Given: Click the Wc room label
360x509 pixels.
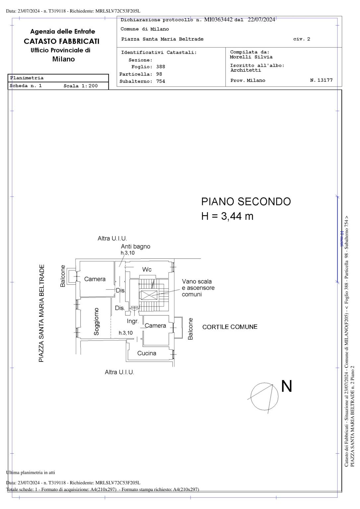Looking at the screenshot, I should (x=147, y=269).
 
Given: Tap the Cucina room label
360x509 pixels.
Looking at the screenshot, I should (x=147, y=353).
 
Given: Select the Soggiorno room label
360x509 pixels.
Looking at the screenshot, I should (x=96, y=321).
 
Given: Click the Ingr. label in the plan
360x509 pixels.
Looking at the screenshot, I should (x=133, y=321).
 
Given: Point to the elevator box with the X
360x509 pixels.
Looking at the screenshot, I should (x=149, y=295).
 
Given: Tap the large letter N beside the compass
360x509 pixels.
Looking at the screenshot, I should (x=287, y=386).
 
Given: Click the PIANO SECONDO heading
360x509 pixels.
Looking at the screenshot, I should (x=246, y=201).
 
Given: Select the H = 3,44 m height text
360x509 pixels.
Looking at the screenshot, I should (x=227, y=216).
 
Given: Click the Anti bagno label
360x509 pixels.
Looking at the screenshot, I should (x=135, y=247).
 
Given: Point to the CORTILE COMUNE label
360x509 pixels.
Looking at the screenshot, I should (x=230, y=327).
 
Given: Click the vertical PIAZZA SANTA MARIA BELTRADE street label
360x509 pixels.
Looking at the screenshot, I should (x=41, y=313).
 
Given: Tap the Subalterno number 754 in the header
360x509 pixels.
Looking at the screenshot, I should (x=160, y=81).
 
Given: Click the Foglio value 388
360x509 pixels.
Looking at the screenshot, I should (x=160, y=67).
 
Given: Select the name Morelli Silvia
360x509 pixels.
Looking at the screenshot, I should (x=251, y=57).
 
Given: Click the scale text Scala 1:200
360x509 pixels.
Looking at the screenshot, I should (x=81, y=86).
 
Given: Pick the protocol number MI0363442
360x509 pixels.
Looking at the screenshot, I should (x=218, y=20).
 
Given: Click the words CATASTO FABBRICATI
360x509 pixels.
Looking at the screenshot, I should (x=62, y=41).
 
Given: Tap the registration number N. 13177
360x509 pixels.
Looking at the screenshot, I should (x=321, y=80).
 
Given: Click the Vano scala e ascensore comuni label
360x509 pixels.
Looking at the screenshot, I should (x=198, y=288).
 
